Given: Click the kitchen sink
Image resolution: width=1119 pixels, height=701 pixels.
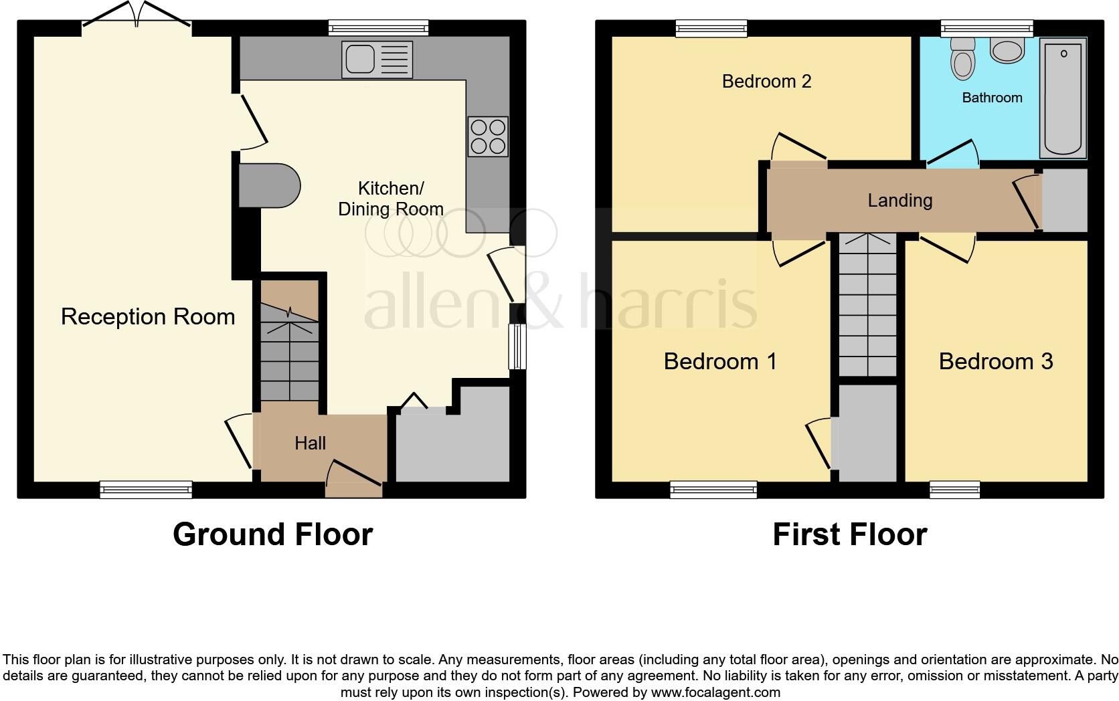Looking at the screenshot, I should tap(377, 59).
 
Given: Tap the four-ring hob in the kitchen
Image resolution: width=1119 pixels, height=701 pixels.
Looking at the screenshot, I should tap(488, 136).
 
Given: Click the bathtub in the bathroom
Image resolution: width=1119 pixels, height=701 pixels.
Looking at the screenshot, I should tap(1063, 98).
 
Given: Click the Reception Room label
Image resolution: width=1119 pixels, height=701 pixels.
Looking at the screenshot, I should tap(148, 316).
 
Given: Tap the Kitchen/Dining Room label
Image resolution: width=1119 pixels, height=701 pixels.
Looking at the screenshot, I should tap(391, 199).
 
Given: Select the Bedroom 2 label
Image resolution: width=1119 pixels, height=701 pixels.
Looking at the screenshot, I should tap(766, 82).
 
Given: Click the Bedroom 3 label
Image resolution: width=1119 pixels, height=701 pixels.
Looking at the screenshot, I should tap(995, 361).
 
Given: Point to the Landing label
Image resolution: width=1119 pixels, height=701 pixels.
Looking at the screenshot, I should tap(899, 200).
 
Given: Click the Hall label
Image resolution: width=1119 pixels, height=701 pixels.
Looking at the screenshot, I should tap(310, 443).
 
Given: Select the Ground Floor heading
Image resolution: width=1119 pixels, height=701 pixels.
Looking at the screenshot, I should tap(272, 534).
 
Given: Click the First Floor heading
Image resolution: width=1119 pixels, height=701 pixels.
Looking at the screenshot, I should tap(849, 534).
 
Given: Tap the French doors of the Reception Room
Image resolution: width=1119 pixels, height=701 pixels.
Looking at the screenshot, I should tap(137, 15).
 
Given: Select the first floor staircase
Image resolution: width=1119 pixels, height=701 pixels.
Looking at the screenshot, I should tap(867, 304).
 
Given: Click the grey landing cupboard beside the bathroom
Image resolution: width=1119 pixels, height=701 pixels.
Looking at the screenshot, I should tap(1064, 200).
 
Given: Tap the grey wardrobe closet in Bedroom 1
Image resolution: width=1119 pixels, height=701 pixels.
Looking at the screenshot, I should tap(867, 433).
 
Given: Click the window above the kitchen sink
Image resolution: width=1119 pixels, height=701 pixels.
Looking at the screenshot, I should tap(378, 27).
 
